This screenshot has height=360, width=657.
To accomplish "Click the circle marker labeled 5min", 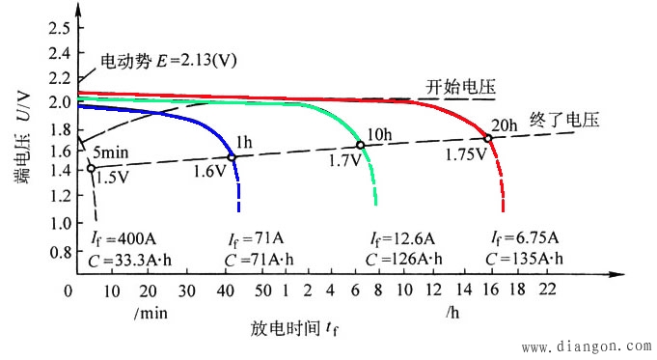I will click(91, 168).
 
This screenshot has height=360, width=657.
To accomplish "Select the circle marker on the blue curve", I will click(231, 156).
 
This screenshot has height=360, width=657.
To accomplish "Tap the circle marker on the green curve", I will click(361, 145).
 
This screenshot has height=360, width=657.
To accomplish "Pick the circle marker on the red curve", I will click(488, 138).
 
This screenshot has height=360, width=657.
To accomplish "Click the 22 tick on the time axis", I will click(545, 291).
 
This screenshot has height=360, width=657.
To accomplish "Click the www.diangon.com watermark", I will click(587, 346).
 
